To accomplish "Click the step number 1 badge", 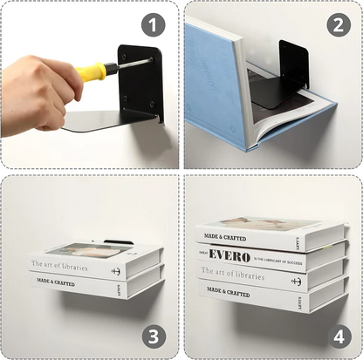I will click(x=153, y=25).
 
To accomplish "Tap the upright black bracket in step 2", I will click(x=293, y=65).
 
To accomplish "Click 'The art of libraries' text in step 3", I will click(x=65, y=263).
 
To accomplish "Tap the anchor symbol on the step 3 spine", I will click(x=115, y=270).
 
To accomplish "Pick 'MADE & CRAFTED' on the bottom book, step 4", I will click(x=228, y=293).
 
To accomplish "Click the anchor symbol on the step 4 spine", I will click(x=296, y=281).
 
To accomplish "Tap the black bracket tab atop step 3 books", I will click(x=118, y=242).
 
